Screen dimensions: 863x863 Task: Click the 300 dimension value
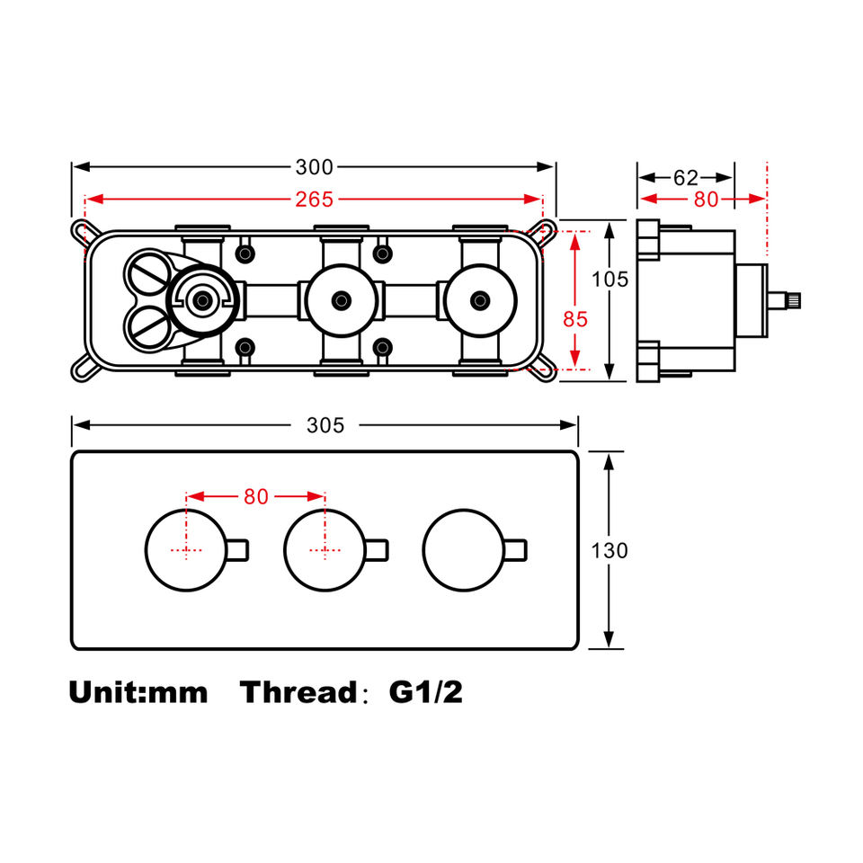click(x=314, y=167)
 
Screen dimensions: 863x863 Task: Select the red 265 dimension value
click(x=314, y=199)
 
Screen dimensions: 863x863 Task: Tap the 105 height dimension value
click(x=610, y=280)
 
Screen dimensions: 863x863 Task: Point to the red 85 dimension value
click(x=575, y=317)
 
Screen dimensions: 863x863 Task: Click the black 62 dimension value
click(x=686, y=177)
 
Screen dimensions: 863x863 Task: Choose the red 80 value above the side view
click(x=706, y=200)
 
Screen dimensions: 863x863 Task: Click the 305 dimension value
click(x=325, y=425)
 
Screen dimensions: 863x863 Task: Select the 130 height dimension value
click(x=610, y=550)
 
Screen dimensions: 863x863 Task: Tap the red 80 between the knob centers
click(x=256, y=496)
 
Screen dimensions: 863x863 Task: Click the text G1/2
click(x=425, y=692)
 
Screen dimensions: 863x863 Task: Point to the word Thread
click(x=298, y=692)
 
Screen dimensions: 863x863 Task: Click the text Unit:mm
click(x=138, y=692)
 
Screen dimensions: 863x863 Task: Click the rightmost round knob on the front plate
click(x=462, y=548)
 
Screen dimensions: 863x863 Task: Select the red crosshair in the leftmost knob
click(x=186, y=549)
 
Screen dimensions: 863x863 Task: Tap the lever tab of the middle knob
click(x=377, y=548)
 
